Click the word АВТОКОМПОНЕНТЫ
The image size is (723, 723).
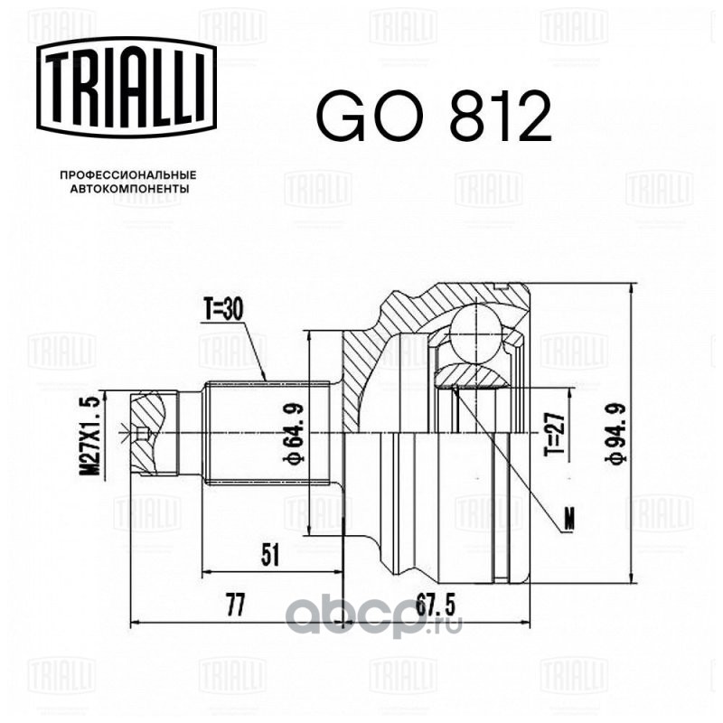tap(128, 191)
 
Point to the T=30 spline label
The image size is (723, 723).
tap(221, 311)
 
